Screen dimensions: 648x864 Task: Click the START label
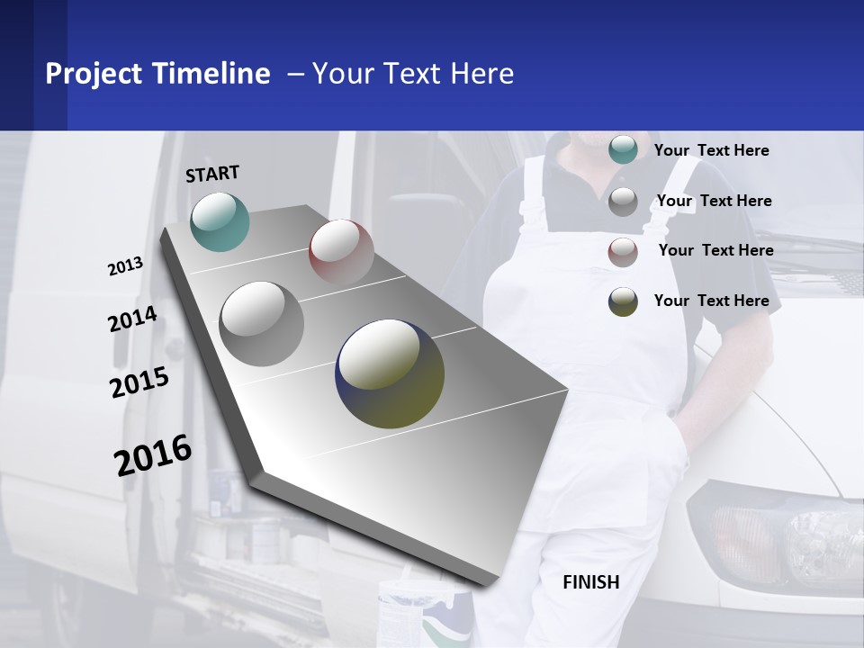(x=212, y=174)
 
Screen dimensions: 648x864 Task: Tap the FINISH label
(x=590, y=582)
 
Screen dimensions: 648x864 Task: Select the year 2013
(x=125, y=266)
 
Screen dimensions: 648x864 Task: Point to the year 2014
(x=132, y=319)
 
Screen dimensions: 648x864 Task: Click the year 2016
(x=153, y=455)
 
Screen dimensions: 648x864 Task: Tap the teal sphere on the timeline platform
(x=220, y=221)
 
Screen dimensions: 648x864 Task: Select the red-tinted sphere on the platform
(x=341, y=252)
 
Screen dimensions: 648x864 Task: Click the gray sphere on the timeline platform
(x=261, y=323)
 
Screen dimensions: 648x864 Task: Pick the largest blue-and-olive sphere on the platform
(x=390, y=373)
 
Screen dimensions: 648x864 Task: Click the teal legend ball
(x=623, y=149)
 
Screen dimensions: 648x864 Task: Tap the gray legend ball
(x=623, y=202)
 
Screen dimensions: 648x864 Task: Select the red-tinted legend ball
(x=623, y=252)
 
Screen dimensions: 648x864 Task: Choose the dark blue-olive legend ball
(x=623, y=301)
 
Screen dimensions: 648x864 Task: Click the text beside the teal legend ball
(x=711, y=151)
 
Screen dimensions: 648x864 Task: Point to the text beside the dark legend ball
(x=711, y=301)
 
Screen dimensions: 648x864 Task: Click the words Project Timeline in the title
(x=157, y=74)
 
